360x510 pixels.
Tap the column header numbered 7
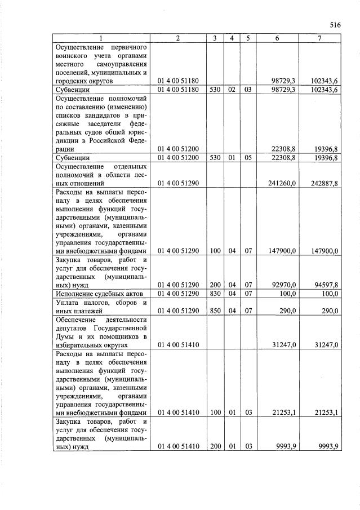[x=319, y=38]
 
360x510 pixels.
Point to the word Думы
[x=65, y=337]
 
